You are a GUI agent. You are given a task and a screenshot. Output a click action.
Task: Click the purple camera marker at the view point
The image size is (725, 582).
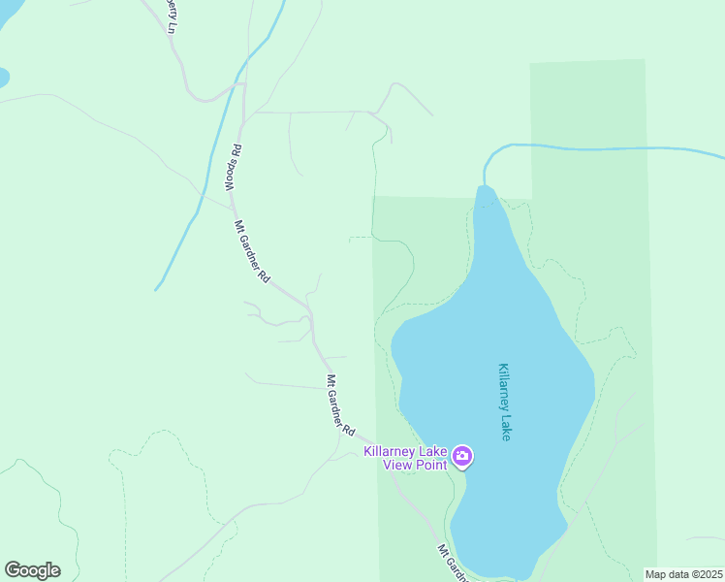(462, 456)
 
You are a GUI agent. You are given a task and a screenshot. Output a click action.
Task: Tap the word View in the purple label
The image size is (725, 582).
(399, 465)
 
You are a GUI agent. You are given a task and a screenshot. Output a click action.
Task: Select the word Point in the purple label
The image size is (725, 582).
(432, 465)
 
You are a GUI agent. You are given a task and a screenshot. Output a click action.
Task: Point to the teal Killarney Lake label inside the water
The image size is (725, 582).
(504, 403)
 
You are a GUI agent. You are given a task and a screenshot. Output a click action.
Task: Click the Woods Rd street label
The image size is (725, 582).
(233, 168)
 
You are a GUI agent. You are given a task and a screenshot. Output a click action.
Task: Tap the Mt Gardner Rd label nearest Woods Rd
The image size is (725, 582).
(252, 251)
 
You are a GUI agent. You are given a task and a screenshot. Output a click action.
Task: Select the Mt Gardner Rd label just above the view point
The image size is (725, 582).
(340, 404)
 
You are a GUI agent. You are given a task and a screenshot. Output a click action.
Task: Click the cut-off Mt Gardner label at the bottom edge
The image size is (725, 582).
(453, 564)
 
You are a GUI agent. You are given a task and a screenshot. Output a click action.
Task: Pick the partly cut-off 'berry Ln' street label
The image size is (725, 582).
(170, 16)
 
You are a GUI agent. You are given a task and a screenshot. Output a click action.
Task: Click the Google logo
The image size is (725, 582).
(32, 570)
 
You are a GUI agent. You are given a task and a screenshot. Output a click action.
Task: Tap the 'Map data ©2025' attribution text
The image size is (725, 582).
(683, 574)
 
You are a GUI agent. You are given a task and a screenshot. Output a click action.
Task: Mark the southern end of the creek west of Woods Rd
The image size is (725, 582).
(157, 287)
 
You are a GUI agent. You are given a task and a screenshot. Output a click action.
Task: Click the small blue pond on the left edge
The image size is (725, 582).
(3, 78)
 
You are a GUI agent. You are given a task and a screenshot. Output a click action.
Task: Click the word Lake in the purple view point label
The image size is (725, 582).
(435, 451)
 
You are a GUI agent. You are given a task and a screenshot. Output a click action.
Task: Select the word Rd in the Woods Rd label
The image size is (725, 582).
(235, 152)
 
